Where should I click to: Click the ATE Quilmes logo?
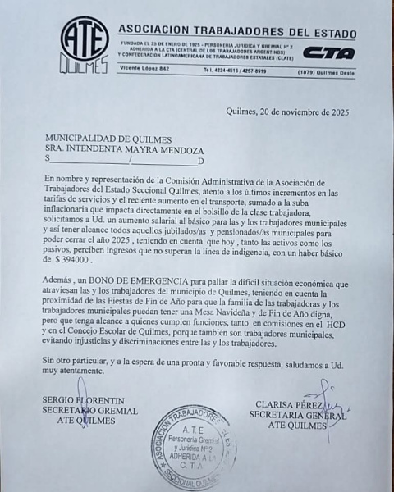tap(85, 45)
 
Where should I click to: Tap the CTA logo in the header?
tap(328, 53)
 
